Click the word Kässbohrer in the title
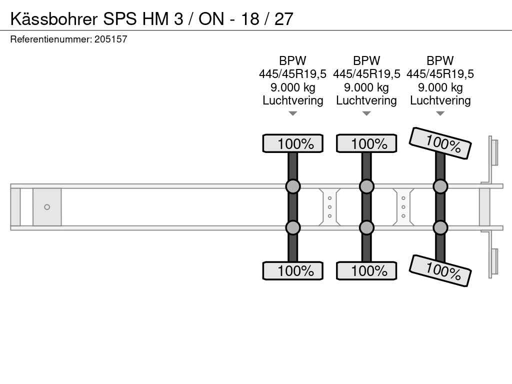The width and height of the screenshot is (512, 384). click(54, 18)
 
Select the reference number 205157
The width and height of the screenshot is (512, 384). click(110, 39)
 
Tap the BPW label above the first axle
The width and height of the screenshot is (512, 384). click(292, 60)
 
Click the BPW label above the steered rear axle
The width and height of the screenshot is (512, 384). click(440, 60)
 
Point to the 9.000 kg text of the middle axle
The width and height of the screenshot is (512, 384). click(366, 87)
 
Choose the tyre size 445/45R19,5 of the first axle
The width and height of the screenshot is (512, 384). click(292, 74)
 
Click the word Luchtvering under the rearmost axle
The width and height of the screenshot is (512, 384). click(440, 100)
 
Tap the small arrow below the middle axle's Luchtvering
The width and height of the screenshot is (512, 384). click(366, 113)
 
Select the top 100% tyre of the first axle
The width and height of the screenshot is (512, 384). click(293, 143)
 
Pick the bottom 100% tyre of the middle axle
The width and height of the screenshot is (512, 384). click(366, 270)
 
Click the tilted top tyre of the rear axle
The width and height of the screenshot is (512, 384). click(440, 143)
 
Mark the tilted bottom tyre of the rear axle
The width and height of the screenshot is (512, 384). click(440, 270)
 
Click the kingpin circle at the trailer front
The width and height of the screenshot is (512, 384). click(47, 207)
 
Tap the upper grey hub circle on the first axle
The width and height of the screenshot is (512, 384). click(293, 186)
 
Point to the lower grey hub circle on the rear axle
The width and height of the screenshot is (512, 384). click(440, 227)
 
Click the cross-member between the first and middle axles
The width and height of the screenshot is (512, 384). click(329, 207)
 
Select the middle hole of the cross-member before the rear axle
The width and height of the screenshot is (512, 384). click(403, 207)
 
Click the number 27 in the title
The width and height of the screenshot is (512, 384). click(283, 18)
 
